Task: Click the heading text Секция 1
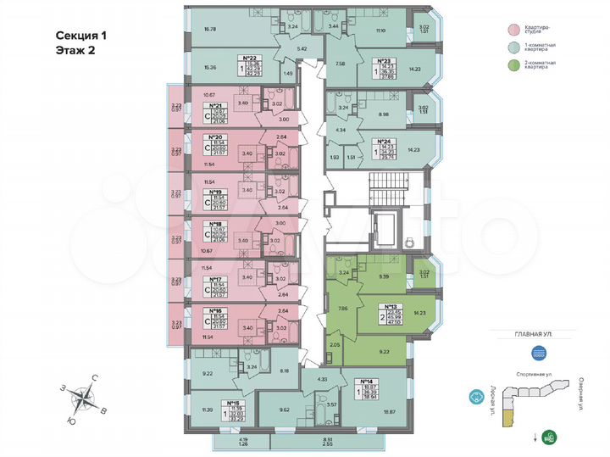tap(81, 36)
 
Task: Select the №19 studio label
tap(215, 192)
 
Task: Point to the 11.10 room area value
tap(380, 30)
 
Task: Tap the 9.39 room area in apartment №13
tap(382, 276)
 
